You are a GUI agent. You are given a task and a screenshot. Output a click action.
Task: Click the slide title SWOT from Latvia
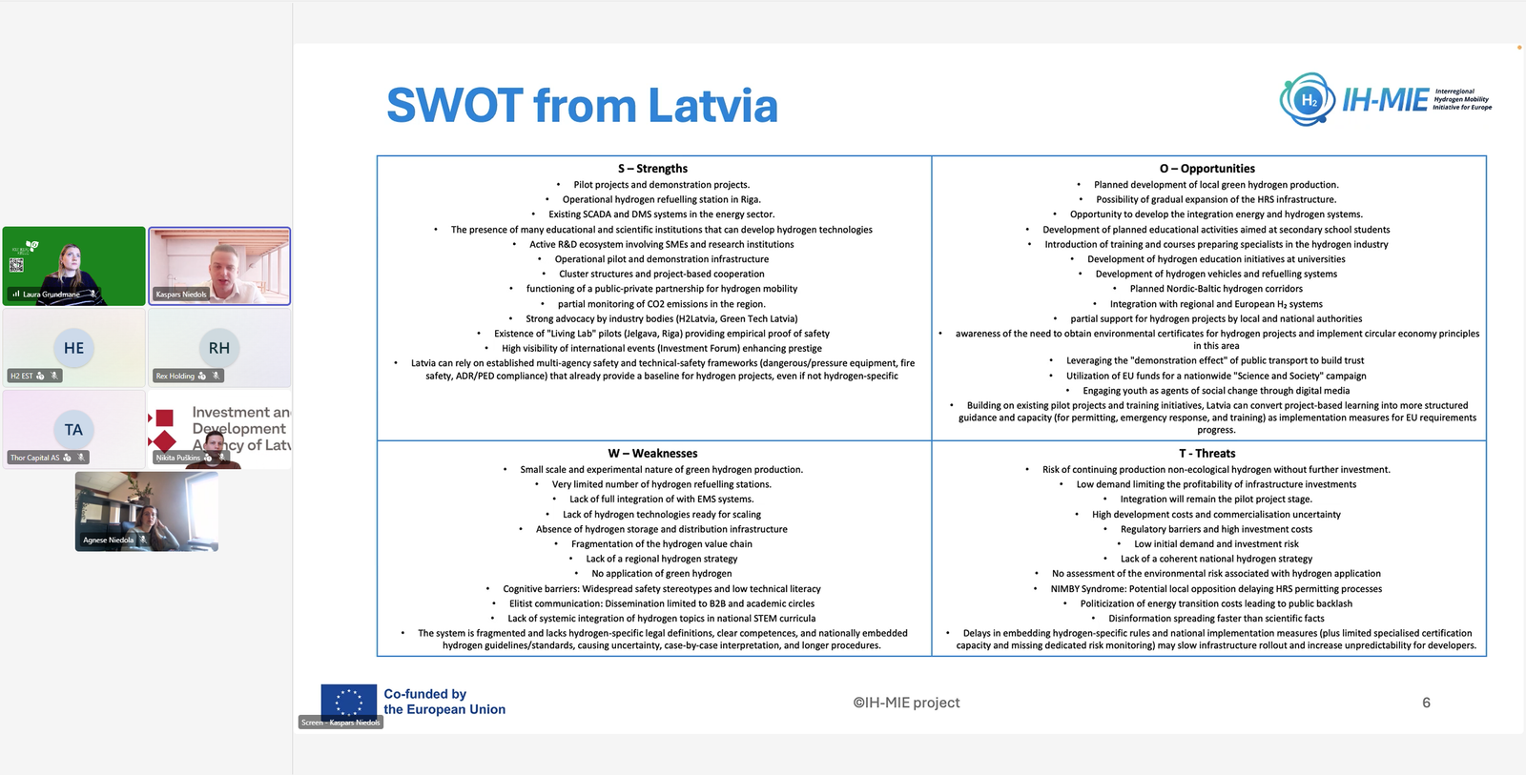(x=582, y=105)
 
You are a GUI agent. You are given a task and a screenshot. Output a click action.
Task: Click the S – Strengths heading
(x=652, y=169)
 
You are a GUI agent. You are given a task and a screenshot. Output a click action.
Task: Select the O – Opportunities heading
(x=1207, y=169)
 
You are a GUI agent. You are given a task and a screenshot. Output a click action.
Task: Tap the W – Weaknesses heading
(x=652, y=454)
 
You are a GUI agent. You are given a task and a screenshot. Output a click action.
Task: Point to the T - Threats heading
(x=1206, y=454)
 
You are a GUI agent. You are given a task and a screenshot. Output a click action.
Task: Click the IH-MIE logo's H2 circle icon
(x=1309, y=100)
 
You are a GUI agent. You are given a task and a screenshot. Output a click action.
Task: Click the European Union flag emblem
(x=348, y=702)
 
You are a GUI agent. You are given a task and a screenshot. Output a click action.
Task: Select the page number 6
(x=1426, y=703)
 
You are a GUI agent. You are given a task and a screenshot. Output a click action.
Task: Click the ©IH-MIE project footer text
(x=906, y=703)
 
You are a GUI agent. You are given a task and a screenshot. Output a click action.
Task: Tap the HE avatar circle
(x=73, y=348)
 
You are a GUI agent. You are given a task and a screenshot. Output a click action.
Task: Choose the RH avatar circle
(x=219, y=348)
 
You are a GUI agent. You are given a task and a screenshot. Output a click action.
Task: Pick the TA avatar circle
(x=73, y=430)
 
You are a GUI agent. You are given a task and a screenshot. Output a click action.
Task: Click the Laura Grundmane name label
(x=52, y=295)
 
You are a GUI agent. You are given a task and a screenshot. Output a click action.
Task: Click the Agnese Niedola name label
(x=109, y=540)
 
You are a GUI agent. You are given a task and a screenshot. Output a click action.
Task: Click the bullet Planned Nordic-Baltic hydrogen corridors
(x=1216, y=289)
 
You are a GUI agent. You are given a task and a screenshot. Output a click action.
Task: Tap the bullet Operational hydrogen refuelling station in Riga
(x=661, y=199)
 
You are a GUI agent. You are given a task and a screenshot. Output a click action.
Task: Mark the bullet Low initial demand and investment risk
(x=1216, y=544)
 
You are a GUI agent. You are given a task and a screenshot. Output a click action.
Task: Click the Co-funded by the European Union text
(x=444, y=702)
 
